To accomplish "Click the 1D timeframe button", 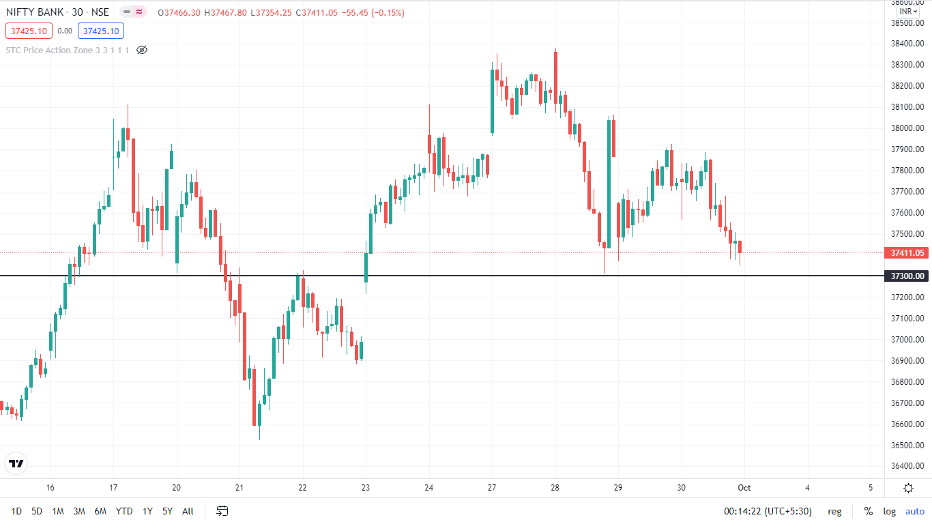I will [16, 511].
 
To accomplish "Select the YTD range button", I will [124, 511].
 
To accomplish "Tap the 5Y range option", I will [167, 511].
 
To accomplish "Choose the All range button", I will [188, 511].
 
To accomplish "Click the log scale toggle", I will [889, 511].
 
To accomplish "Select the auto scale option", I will [914, 511].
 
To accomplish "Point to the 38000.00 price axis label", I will [908, 128].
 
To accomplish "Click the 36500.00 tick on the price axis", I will [908, 446].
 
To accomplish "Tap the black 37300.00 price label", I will [908, 276].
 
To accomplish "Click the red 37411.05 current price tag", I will [908, 253].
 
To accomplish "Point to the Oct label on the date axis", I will [744, 488].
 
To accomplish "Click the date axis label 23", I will [366, 488].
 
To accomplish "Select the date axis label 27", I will [492, 488].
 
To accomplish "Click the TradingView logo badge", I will [16, 463].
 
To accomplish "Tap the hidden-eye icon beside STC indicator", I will [142, 50].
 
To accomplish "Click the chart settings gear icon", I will [908, 488].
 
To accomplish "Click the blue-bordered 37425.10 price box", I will [101, 31].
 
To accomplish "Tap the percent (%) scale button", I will [868, 511].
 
